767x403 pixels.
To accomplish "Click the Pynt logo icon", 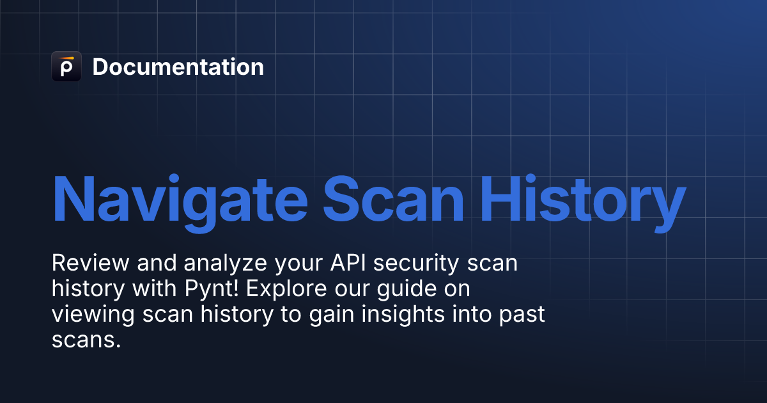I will tap(66, 67).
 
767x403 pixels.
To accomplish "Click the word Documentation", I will tap(178, 67).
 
